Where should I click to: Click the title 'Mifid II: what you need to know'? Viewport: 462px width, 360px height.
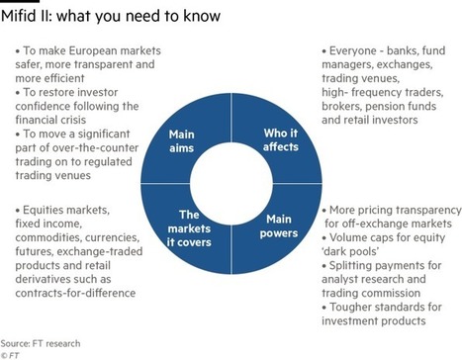click(111, 16)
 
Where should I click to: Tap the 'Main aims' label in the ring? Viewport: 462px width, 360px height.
click(181, 141)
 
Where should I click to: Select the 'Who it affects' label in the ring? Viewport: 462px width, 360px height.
click(281, 139)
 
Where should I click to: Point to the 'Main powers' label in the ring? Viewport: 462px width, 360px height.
click(279, 225)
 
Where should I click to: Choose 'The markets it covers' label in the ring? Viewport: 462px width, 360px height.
click(189, 228)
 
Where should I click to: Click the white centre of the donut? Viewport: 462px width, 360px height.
click(231, 184)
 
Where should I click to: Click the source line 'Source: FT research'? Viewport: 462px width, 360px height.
click(41, 343)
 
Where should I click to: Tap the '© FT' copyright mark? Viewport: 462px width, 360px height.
click(10, 355)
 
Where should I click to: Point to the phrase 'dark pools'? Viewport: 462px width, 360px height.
click(350, 251)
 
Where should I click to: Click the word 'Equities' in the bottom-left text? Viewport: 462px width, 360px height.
click(43, 210)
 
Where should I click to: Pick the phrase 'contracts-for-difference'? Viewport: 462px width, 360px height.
click(75, 293)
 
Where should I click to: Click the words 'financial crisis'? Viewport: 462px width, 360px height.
click(50, 120)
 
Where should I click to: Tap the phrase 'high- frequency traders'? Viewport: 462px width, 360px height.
click(383, 92)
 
